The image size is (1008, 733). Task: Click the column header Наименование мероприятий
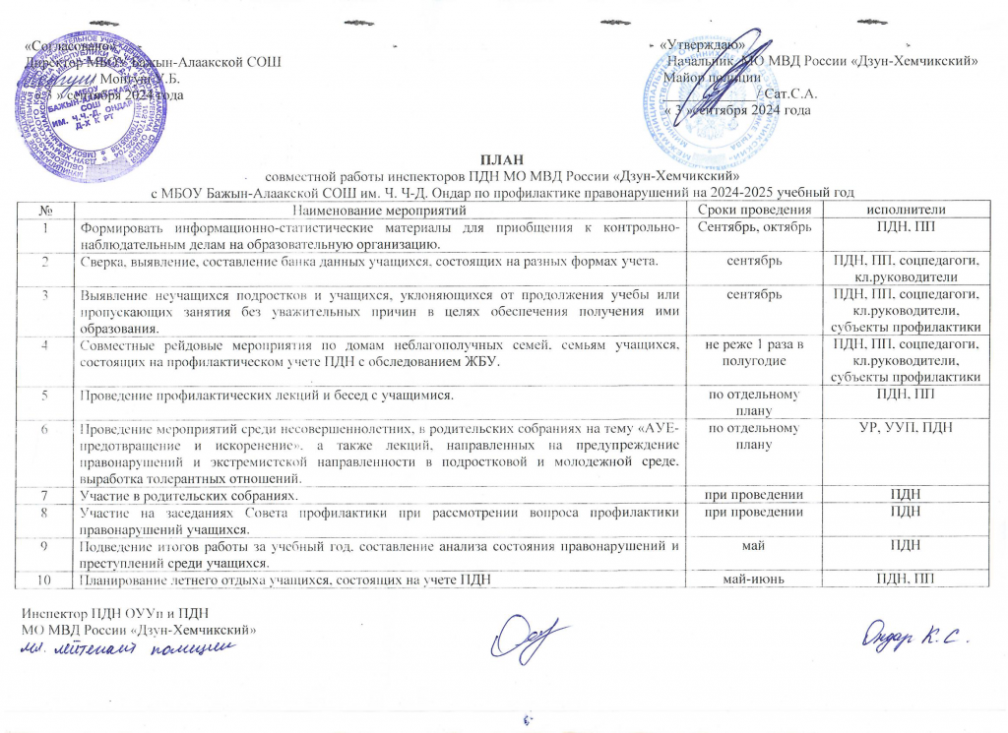383,211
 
